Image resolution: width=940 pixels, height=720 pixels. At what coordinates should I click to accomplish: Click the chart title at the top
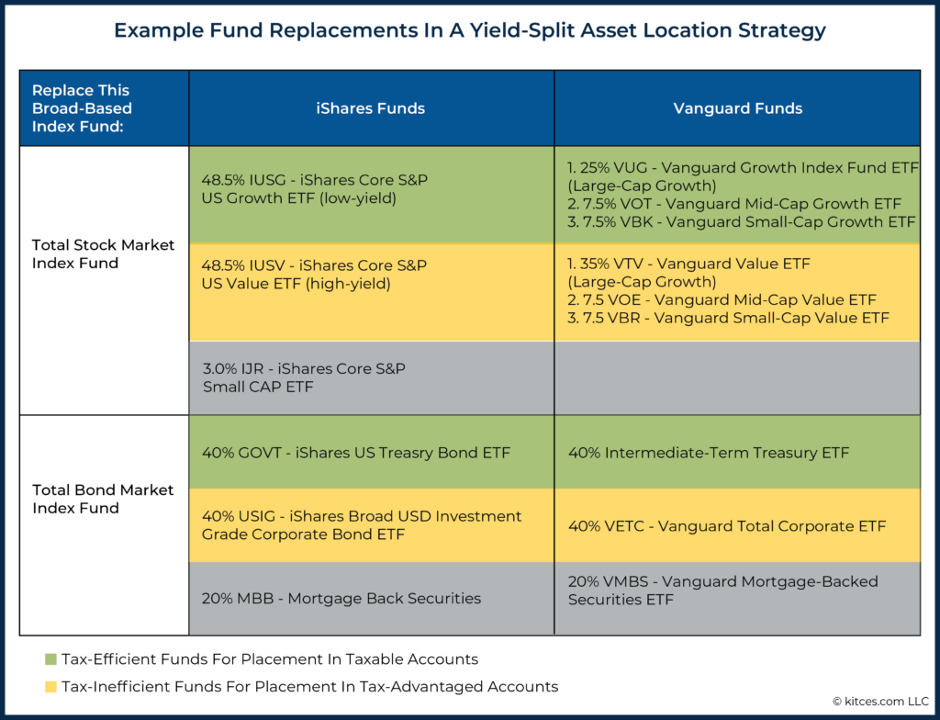pyautogui.click(x=469, y=30)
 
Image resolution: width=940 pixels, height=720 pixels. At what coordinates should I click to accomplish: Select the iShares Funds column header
pyautogui.click(x=370, y=108)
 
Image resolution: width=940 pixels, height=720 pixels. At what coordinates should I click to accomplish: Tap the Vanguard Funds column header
pyautogui.click(x=737, y=108)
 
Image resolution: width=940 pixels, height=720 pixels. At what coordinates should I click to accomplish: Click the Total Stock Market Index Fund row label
pyautogui.click(x=102, y=253)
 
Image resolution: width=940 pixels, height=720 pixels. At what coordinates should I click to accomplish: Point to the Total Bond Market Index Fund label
pyautogui.click(x=102, y=499)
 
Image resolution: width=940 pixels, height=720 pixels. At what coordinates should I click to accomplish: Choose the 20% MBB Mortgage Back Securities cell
pyautogui.click(x=341, y=599)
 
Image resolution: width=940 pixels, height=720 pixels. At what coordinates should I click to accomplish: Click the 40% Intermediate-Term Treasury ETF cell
pyautogui.click(x=708, y=453)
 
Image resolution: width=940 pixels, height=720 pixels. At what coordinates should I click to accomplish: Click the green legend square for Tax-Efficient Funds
pyautogui.click(x=50, y=659)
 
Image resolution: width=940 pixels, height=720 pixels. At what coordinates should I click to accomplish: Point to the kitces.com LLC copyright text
pyautogui.click(x=876, y=701)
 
